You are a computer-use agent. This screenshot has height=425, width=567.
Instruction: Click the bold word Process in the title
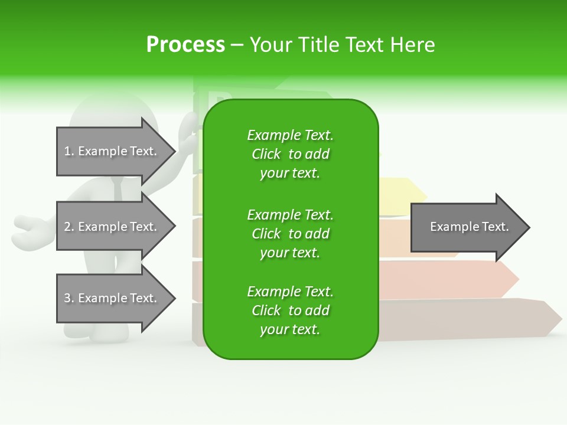click(185, 44)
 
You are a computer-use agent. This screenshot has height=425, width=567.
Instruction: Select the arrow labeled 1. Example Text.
click(116, 151)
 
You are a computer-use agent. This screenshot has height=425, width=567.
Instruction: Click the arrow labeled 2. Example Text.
click(116, 227)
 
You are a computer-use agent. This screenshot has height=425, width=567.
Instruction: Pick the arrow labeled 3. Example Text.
click(116, 298)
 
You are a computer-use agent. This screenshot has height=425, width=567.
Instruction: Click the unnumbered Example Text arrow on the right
click(470, 227)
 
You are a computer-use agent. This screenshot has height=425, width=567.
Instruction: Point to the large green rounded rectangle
click(291, 229)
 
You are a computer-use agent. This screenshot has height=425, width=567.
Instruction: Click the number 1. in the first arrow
click(69, 151)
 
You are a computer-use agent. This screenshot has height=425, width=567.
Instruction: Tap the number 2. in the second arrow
click(69, 227)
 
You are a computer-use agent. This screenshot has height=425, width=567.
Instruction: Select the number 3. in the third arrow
click(69, 298)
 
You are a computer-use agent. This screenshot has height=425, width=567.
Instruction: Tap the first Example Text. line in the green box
click(291, 135)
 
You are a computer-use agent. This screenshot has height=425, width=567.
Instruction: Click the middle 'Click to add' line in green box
click(291, 234)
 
